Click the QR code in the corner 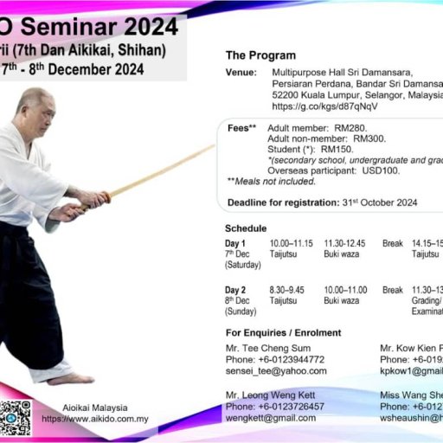point(15,418)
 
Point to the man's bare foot point(69,378)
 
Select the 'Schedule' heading point(246,228)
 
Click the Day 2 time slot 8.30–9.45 point(288,290)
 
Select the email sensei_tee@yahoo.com point(276,370)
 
